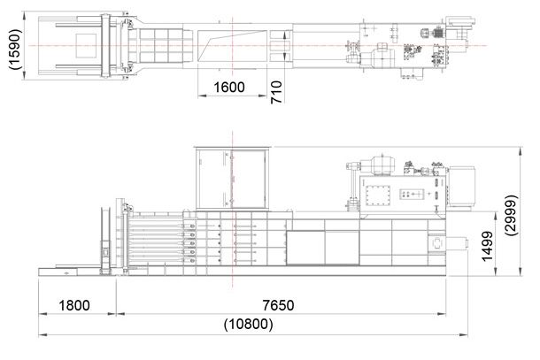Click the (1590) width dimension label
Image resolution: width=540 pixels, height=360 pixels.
tap(15, 50)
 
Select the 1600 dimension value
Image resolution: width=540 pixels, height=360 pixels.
tap(229, 88)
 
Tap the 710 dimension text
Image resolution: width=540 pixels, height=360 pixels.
tap(276, 92)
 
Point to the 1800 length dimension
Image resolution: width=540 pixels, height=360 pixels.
tap(74, 305)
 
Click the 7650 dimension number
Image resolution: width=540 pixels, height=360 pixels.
tap(278, 305)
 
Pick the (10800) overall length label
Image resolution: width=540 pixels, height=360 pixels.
tap(248, 325)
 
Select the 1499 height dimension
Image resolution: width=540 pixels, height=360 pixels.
tap(487, 247)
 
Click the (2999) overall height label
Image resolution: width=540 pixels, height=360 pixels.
tap(511, 215)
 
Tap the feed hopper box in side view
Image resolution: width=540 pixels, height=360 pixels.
tap(233, 178)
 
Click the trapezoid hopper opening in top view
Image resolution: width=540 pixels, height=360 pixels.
tap(232, 46)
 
